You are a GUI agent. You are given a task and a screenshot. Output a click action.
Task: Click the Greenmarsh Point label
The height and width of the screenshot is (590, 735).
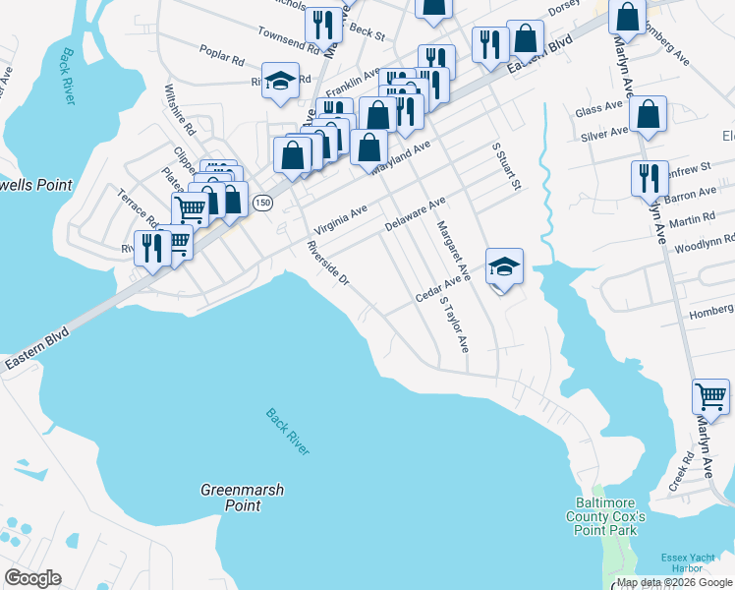click(x=231, y=497)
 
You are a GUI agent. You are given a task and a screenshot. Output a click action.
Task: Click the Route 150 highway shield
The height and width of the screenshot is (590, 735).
click(x=261, y=203)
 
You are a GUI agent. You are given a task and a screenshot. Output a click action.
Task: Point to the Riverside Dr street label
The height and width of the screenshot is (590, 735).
click(x=328, y=265)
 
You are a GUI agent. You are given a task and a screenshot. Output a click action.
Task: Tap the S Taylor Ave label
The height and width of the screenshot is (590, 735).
click(x=455, y=325)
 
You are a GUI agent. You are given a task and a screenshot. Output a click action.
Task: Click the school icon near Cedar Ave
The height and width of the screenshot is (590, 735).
click(x=504, y=266)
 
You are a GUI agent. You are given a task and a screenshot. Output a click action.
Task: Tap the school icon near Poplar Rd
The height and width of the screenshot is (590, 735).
click(x=281, y=82)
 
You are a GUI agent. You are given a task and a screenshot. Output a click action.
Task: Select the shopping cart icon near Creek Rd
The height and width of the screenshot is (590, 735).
click(x=710, y=397)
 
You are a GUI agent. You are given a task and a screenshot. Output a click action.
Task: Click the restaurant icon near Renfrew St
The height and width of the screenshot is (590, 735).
click(x=649, y=179)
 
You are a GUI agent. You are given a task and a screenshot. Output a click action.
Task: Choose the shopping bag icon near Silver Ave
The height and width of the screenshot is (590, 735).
click(x=649, y=114)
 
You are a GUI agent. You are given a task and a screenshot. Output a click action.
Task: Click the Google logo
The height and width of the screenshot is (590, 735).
click(x=32, y=578)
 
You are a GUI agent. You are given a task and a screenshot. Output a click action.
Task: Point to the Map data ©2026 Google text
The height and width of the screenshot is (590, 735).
click(x=673, y=582)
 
